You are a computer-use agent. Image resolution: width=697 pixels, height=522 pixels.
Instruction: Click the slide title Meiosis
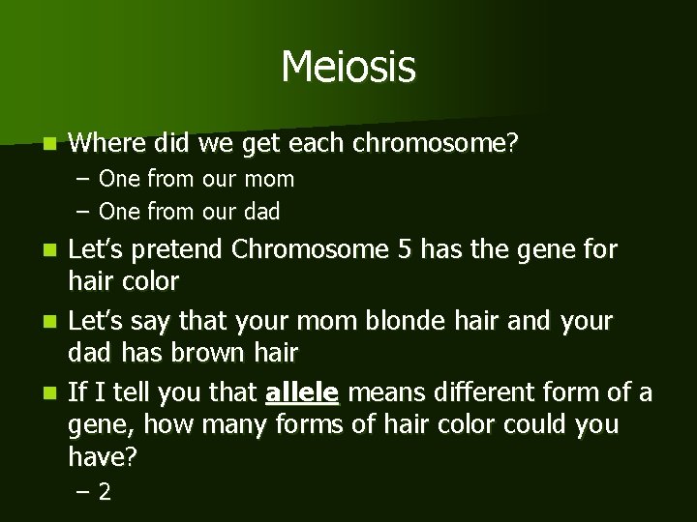(x=348, y=68)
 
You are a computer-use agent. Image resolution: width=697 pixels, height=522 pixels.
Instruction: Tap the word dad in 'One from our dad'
(x=261, y=211)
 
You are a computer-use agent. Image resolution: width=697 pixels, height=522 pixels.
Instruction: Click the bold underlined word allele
(x=301, y=392)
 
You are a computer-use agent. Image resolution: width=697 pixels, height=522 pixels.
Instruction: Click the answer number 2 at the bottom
(x=105, y=492)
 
